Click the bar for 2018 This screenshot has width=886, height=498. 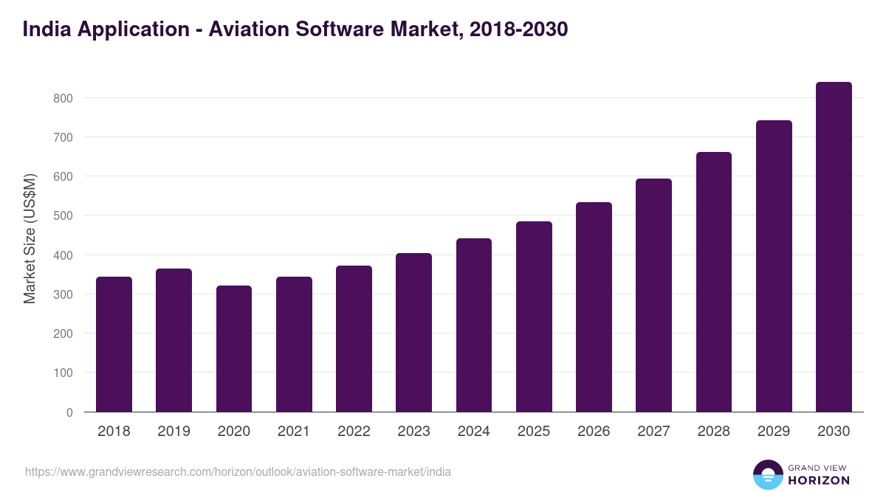(114, 345)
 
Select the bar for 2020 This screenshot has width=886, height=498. (234, 349)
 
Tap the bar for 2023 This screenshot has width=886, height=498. (413, 333)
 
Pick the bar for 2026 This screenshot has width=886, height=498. (594, 307)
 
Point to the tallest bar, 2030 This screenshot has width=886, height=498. (834, 247)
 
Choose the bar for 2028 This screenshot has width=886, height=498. (714, 282)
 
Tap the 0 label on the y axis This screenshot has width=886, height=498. (69, 412)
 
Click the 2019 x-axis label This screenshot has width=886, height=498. (174, 432)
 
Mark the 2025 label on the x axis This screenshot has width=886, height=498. (534, 432)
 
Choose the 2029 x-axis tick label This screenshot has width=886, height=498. (774, 432)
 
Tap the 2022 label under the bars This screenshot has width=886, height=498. (354, 432)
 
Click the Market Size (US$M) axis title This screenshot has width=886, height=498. (30, 238)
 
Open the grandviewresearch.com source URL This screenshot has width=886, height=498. (238, 472)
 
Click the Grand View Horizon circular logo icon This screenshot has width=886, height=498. (767, 474)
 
